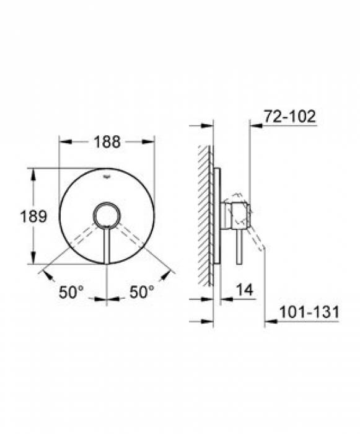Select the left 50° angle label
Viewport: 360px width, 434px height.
(x=71, y=292)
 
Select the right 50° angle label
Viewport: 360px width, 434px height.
(x=142, y=292)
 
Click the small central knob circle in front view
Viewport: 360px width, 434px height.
(x=107, y=215)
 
